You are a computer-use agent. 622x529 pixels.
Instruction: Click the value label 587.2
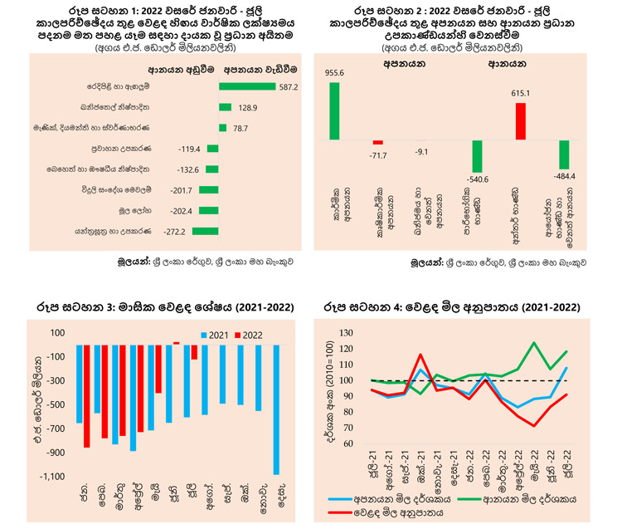coord(286,86)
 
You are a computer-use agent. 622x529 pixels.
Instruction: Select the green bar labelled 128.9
coord(225,106)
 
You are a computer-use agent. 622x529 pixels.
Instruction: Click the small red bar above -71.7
coord(377,143)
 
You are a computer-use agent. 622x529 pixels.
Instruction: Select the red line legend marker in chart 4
coord(342,514)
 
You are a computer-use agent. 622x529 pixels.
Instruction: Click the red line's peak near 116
coord(420,355)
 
